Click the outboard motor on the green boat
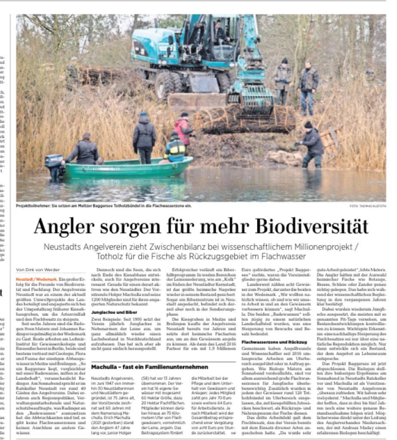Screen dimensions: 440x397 tap(54, 165)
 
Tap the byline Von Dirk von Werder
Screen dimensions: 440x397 tap(37, 270)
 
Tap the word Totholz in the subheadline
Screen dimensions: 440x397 tap(111, 257)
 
